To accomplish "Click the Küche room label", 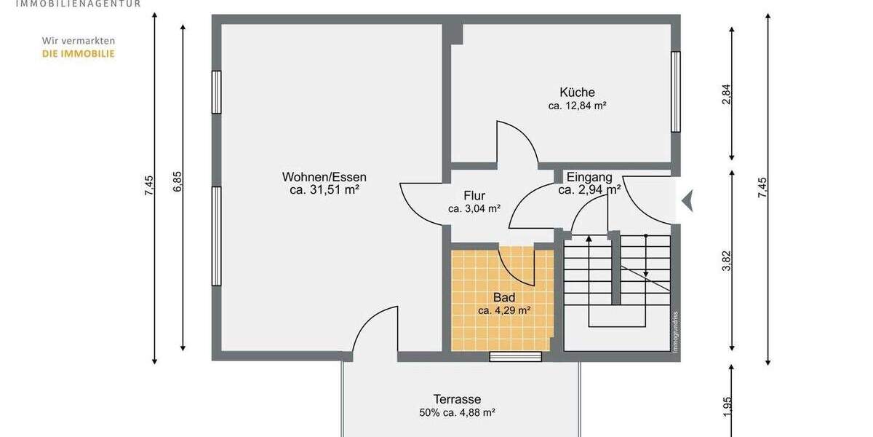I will [577, 92].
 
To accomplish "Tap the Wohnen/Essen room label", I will [324, 177].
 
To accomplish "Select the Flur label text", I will [474, 196].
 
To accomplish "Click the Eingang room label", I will [589, 177].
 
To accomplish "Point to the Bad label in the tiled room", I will [504, 298].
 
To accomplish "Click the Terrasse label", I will [457, 399].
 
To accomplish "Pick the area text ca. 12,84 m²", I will [577, 106].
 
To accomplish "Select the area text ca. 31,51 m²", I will [324, 190].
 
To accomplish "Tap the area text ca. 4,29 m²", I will [504, 310].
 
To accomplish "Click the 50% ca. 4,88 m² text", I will [457, 412].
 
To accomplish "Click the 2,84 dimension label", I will [725, 94].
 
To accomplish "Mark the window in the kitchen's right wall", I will [676, 92].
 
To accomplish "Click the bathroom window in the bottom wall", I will [515, 356].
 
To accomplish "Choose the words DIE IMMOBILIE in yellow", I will [78, 53].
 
